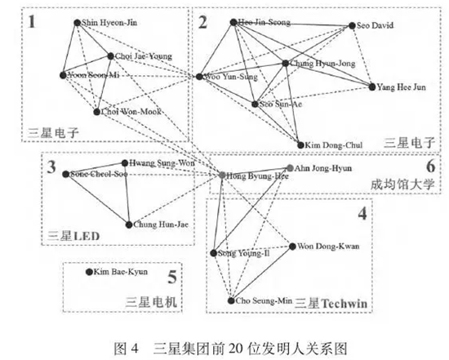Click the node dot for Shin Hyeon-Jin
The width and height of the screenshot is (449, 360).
point(77,23)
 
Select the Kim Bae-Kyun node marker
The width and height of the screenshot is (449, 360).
point(90,271)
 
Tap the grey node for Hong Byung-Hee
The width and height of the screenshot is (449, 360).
point(222,175)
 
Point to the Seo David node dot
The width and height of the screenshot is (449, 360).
point(352,26)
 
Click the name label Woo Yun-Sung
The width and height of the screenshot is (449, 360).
point(231,78)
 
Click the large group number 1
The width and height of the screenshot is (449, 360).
point(33,21)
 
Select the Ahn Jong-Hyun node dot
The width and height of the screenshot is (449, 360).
point(288,170)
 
